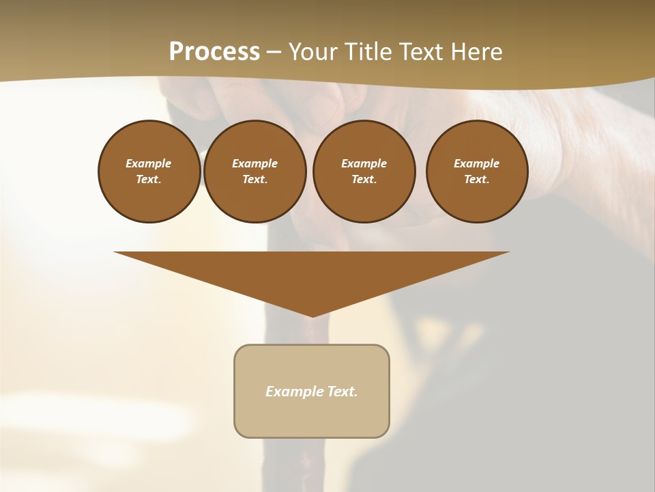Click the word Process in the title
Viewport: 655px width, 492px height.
pyautogui.click(x=214, y=52)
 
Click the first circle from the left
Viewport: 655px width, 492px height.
pyautogui.click(x=149, y=172)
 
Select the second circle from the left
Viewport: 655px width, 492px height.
pyautogui.click(x=254, y=172)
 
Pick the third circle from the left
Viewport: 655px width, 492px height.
pyautogui.click(x=364, y=172)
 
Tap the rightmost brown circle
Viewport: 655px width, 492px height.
pyautogui.click(x=477, y=172)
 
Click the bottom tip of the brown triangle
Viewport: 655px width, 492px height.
pyautogui.click(x=312, y=315)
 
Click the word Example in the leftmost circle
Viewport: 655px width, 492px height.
pyautogui.click(x=149, y=163)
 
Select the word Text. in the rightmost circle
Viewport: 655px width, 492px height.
pyautogui.click(x=477, y=180)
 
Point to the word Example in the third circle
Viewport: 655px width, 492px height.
pyautogui.click(x=364, y=163)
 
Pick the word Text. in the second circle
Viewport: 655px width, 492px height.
pyautogui.click(x=254, y=180)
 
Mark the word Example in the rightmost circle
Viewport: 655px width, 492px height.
pyautogui.click(x=477, y=163)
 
